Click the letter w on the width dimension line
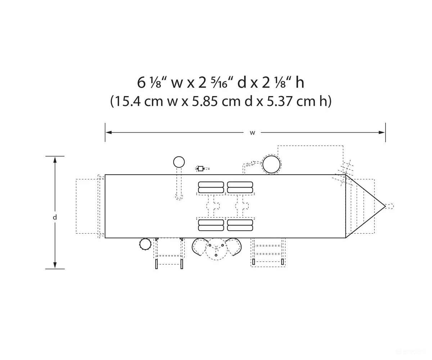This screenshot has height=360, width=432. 252,133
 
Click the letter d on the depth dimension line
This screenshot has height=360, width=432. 55,217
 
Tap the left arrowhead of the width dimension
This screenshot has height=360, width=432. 109,132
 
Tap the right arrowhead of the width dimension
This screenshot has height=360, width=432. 382,132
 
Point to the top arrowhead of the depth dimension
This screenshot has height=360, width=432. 55,160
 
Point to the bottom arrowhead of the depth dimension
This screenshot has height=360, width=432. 55,265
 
